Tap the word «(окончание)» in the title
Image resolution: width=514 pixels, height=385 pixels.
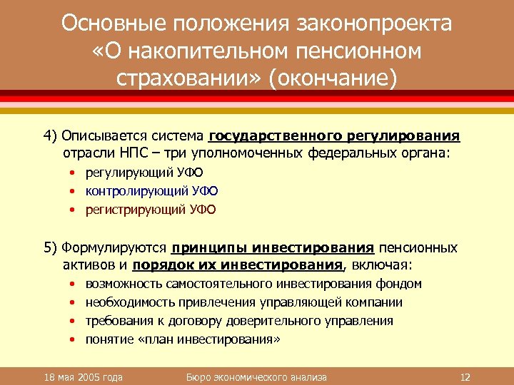click(331, 76)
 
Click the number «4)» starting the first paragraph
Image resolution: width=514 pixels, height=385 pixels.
click(50, 135)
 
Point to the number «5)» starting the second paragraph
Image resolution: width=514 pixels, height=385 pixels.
click(50, 247)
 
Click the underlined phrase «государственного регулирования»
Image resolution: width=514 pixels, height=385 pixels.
click(334, 135)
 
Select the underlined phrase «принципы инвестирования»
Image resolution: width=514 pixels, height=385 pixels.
click(273, 247)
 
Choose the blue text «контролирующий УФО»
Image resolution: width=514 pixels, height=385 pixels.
click(151, 191)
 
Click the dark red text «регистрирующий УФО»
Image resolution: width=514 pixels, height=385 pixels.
click(150, 210)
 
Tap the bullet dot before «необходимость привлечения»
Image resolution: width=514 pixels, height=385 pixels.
click(74, 302)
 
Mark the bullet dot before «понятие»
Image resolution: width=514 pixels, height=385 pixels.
click(74, 339)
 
